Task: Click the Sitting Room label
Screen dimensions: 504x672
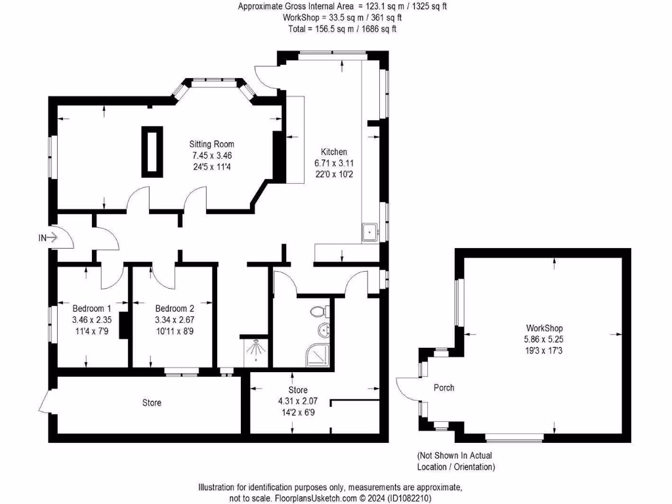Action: click(x=211, y=144)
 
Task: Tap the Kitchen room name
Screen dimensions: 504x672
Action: click(x=329, y=152)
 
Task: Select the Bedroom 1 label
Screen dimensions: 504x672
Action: click(x=91, y=308)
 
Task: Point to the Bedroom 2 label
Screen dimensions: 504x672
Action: click(x=175, y=308)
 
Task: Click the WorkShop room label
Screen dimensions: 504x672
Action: click(x=544, y=328)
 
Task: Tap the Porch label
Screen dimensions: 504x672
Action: click(x=444, y=388)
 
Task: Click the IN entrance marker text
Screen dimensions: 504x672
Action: click(x=43, y=238)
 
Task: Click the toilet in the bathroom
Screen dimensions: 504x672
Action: click(x=321, y=311)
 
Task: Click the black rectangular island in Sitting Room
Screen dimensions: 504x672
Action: click(x=152, y=151)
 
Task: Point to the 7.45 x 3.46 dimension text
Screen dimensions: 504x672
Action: click(x=211, y=156)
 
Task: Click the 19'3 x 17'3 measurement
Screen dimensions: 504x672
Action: click(x=544, y=350)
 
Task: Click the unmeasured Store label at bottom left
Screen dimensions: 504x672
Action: click(x=152, y=402)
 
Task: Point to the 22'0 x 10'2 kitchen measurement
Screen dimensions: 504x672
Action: click(x=329, y=174)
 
